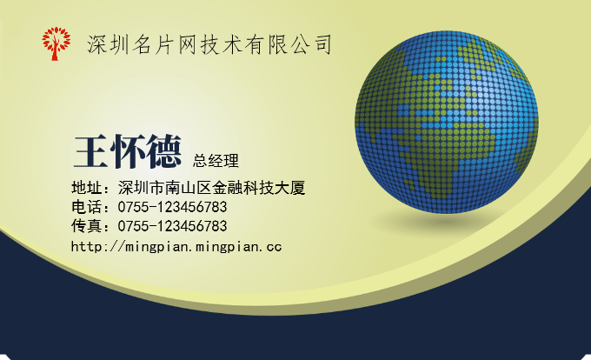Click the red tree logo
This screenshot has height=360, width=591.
point(56,43)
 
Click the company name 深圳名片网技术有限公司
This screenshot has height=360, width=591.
point(209,44)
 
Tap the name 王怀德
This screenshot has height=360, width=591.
point(128,151)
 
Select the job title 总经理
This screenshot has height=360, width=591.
point(216,161)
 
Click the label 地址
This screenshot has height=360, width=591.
point(87,187)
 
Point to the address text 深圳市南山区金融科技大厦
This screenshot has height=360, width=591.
point(211,187)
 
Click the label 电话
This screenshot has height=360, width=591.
point(87,207)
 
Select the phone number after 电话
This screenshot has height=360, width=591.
point(172,207)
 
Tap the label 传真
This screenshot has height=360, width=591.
point(87,226)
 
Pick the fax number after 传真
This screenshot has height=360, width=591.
point(172,226)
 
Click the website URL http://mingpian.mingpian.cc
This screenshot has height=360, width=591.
point(176,247)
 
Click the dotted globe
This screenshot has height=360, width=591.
point(447,122)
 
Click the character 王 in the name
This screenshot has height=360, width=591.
point(91,151)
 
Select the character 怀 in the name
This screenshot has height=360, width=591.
point(128,151)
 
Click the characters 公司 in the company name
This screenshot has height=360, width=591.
point(311,44)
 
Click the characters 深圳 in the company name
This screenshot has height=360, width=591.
point(108,44)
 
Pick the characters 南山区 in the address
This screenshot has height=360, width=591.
point(188,187)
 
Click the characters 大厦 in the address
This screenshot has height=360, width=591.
point(289,187)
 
